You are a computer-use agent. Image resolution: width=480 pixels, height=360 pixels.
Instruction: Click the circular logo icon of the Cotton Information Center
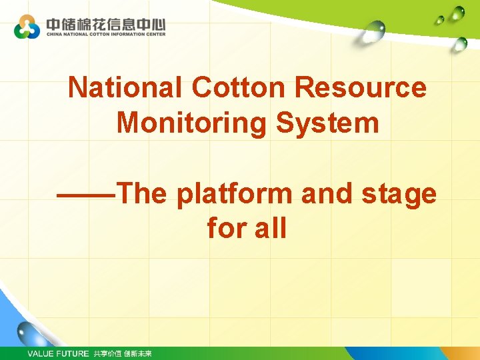27,27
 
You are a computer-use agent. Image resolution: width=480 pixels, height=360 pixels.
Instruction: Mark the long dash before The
86,194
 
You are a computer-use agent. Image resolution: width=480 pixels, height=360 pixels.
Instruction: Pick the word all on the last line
271,229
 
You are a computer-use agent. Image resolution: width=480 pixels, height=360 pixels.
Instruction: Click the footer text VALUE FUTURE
57,353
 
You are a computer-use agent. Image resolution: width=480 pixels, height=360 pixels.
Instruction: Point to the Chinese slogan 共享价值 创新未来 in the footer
123,353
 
